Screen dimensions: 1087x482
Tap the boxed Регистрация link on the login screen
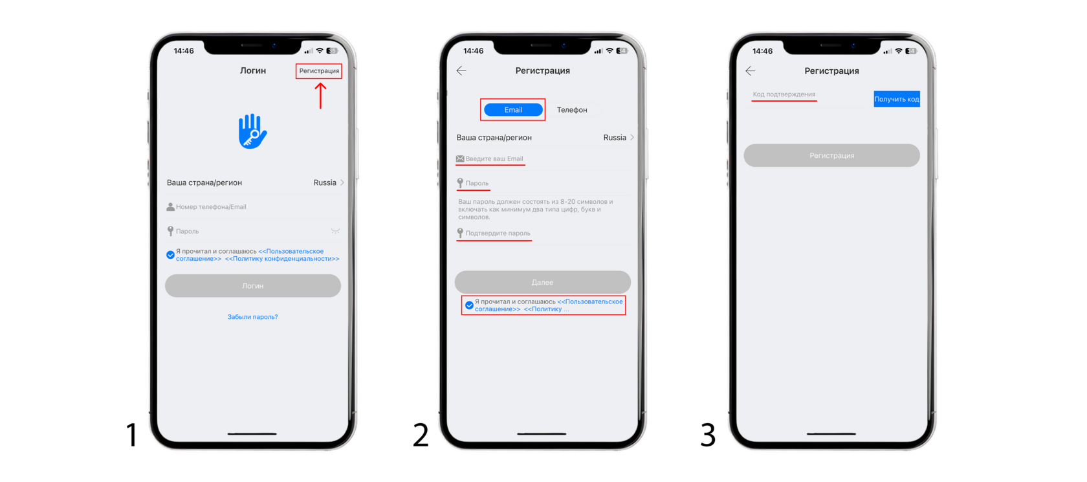point(319,71)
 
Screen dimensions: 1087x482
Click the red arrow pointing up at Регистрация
point(320,96)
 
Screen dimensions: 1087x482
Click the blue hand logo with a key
point(252,131)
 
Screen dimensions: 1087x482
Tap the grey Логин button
point(253,285)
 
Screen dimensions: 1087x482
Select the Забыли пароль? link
point(253,317)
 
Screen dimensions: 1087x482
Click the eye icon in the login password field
point(335,231)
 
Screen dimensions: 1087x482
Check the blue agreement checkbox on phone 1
point(170,255)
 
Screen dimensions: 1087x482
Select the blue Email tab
point(513,110)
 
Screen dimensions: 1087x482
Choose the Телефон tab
point(572,110)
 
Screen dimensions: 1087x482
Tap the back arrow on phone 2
point(461,71)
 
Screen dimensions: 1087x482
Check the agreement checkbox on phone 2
point(469,305)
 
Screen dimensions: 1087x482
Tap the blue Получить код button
point(896,99)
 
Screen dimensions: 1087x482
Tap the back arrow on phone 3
point(751,71)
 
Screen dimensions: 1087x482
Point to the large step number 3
point(708,434)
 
